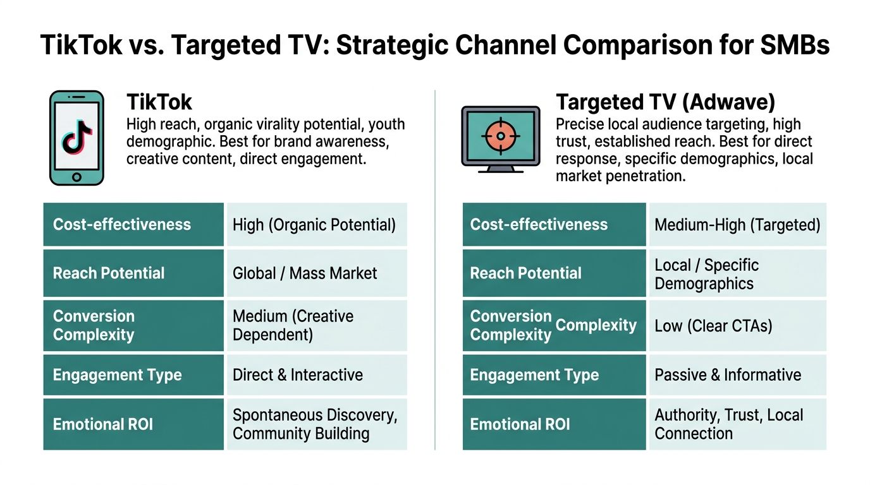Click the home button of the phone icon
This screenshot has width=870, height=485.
click(x=77, y=177)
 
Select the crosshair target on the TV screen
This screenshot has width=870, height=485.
click(x=501, y=136)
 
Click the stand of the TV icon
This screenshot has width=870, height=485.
click(x=501, y=169)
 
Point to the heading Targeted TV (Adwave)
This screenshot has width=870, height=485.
click(x=665, y=102)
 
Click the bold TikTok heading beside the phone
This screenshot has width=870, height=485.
click(x=159, y=102)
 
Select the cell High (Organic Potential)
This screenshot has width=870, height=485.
click(x=317, y=224)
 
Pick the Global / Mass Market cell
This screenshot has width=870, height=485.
click(x=317, y=273)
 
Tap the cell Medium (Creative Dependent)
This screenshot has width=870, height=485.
click(x=317, y=325)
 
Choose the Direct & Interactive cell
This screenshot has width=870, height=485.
click(x=317, y=375)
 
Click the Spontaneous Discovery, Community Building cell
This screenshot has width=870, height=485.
click(x=317, y=424)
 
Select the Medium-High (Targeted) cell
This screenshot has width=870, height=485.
click(x=738, y=224)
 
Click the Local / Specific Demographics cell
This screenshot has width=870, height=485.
click(x=738, y=273)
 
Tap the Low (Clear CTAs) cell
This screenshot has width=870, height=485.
click(x=738, y=325)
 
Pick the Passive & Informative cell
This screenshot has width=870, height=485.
click(x=738, y=375)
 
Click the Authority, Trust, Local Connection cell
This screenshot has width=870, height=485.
click(x=738, y=424)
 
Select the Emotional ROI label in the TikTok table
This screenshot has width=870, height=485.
click(x=103, y=424)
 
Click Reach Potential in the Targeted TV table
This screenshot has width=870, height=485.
click(x=526, y=273)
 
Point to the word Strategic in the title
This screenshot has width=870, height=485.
click(x=392, y=45)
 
